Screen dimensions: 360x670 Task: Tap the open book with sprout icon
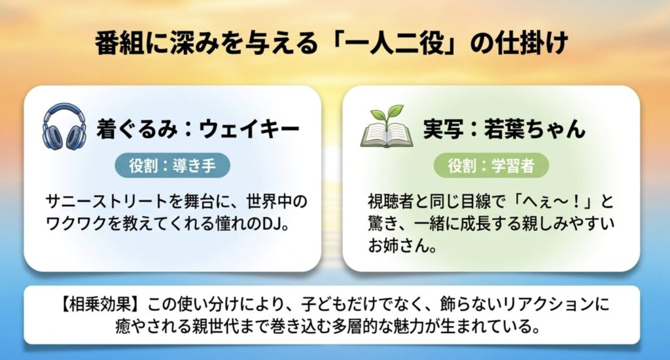[387, 128]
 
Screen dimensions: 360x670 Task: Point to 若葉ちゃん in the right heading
[533, 128]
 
